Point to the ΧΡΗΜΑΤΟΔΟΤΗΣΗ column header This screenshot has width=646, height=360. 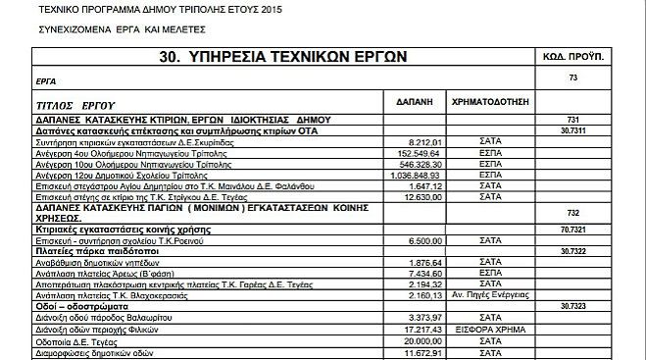coord(490,101)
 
